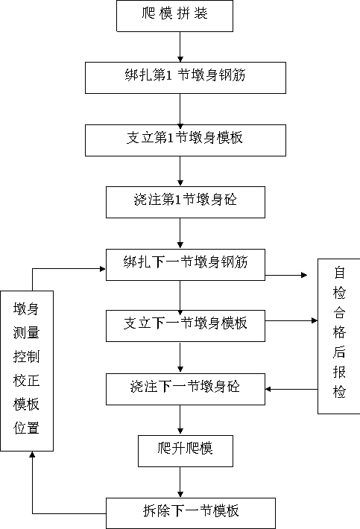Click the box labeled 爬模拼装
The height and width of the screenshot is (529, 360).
[x=174, y=16]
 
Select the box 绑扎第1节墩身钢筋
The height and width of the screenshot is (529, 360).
[x=186, y=78]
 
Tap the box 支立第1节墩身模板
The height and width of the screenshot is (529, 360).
[x=186, y=140]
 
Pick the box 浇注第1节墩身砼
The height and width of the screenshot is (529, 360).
[x=186, y=202]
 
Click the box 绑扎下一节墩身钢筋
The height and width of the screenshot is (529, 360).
[x=186, y=264]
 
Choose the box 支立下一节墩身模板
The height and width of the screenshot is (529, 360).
[x=186, y=326]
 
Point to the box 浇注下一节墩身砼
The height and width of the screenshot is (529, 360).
[x=186, y=389]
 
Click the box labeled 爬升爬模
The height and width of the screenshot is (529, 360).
[x=186, y=451]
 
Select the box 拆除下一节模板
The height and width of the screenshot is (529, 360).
[x=191, y=513]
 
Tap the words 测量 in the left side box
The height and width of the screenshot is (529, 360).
[x=26, y=332]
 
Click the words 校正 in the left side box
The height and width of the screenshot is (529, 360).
[x=26, y=380]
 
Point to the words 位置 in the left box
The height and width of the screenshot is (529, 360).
[x=26, y=428]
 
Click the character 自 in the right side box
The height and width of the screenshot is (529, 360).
[x=339, y=273]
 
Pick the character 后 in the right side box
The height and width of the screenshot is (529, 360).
[x=339, y=352]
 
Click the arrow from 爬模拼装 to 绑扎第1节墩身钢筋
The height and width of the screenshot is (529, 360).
[x=180, y=47]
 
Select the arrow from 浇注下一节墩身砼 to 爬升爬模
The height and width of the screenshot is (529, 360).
[x=180, y=419]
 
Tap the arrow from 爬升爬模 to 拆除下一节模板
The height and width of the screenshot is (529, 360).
[x=180, y=482]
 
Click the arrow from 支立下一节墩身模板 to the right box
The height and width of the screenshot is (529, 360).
[x=291, y=320]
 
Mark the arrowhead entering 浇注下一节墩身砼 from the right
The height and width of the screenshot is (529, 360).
[x=268, y=389]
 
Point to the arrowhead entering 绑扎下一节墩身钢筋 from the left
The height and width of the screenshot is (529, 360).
[x=103, y=269]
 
